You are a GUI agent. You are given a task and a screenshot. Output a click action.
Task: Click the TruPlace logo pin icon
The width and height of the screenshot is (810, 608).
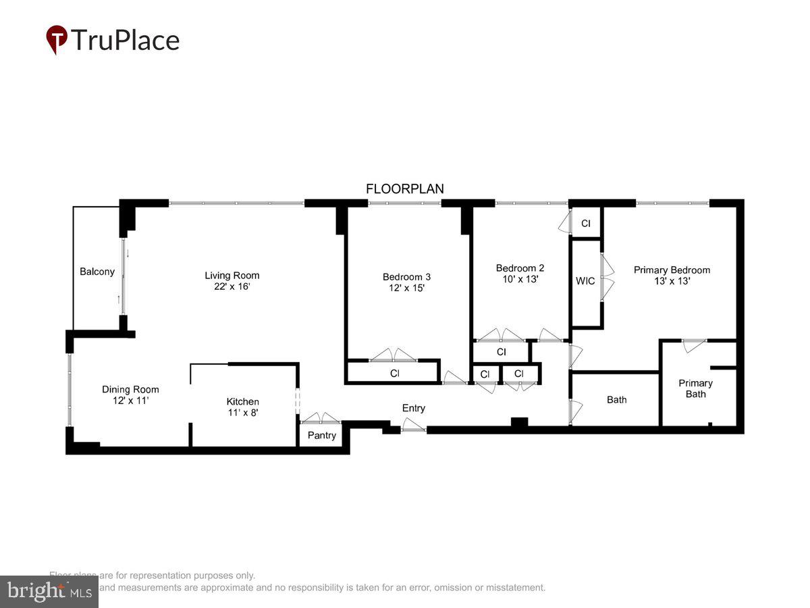[57, 39]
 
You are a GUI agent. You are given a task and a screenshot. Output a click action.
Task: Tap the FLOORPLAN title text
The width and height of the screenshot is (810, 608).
[405, 189]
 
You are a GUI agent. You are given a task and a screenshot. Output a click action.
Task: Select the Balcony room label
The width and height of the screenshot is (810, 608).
[97, 272]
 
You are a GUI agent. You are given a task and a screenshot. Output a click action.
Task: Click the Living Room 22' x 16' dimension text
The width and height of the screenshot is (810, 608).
[232, 286]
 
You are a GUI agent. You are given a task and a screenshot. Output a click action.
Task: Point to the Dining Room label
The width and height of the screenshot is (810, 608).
[130, 389]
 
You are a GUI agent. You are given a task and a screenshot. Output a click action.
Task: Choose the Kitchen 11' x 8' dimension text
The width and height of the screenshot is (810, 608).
[242, 413]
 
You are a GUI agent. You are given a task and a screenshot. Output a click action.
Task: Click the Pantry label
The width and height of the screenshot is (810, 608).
[321, 435]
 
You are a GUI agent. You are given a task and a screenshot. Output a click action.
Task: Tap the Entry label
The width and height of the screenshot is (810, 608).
[413, 408]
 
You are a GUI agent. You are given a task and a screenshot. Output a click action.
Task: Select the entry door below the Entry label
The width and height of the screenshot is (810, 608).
[413, 427]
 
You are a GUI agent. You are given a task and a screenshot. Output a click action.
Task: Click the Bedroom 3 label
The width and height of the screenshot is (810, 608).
[406, 276]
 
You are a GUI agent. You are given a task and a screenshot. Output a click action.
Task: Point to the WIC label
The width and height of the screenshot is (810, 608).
[585, 280]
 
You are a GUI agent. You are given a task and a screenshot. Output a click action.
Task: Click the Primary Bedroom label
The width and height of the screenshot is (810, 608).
[672, 270]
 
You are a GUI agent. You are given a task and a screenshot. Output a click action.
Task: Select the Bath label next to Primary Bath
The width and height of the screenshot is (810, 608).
[616, 399]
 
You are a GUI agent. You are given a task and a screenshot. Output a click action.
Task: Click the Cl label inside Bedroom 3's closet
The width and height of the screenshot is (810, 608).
[394, 373]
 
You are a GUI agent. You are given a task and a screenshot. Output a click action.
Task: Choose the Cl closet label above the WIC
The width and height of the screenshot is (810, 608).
[585, 223]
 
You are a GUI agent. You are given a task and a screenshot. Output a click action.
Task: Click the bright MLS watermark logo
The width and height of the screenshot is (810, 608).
[49, 591]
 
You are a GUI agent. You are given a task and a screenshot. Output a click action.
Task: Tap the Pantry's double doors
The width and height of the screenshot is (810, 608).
[321, 419]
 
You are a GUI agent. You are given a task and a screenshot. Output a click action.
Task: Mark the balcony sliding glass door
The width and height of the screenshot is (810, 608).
[123, 277]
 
